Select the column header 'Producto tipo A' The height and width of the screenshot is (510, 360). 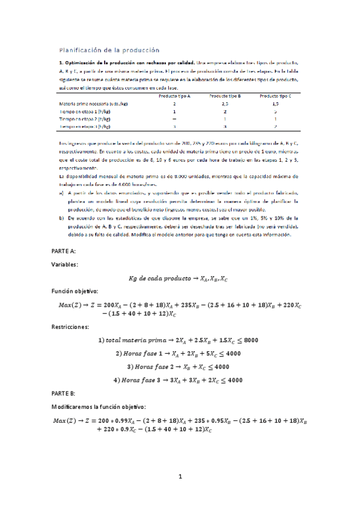point(174,96)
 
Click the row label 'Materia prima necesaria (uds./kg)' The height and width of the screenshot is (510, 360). point(93,103)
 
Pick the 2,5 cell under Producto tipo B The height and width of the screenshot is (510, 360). point(225,103)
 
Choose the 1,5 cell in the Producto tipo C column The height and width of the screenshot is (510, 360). point(275,103)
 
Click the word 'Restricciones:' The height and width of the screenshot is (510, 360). point(79,327)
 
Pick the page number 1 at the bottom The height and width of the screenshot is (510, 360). point(180,477)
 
